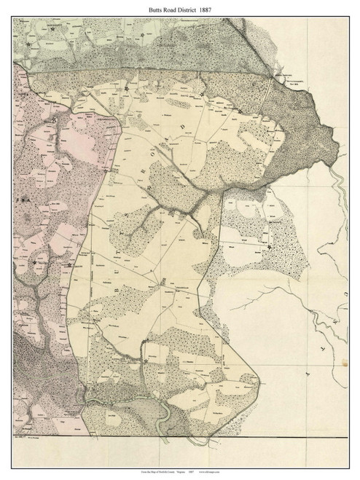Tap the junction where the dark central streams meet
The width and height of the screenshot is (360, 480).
click(x=191, y=210)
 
